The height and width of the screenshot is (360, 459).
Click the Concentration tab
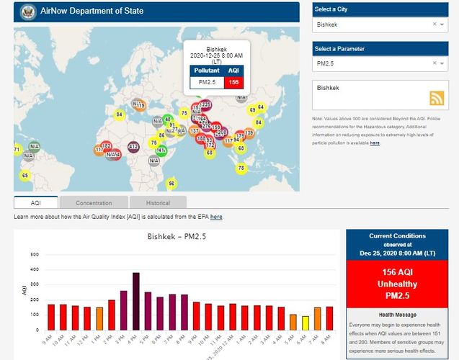94,203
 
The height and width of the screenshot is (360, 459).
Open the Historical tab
158,203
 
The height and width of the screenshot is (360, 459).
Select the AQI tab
36,203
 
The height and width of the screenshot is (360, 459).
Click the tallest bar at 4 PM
135,302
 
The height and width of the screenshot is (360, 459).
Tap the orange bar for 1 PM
99,319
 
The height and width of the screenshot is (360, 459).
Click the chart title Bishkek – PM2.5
177,236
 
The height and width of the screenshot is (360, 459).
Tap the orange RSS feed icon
436,99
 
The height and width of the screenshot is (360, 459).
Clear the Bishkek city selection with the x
435,24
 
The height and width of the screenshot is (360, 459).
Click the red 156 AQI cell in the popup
233,82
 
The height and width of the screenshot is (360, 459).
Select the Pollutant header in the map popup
207,71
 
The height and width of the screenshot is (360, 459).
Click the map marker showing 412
133,147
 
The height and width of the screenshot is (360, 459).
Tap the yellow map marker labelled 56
171,184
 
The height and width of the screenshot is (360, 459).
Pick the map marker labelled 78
241,168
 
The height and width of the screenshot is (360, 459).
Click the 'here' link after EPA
216,216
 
